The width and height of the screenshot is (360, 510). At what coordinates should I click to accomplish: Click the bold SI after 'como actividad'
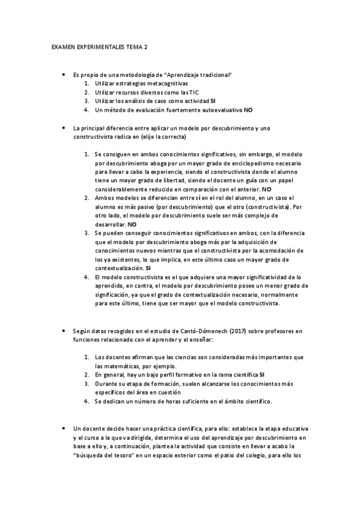213,101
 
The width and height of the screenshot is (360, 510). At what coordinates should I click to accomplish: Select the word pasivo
133,206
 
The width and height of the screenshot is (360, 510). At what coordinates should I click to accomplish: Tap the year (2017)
239,331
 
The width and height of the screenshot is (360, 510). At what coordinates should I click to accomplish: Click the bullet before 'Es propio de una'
64,75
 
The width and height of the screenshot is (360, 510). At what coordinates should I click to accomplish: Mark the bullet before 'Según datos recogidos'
64,331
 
